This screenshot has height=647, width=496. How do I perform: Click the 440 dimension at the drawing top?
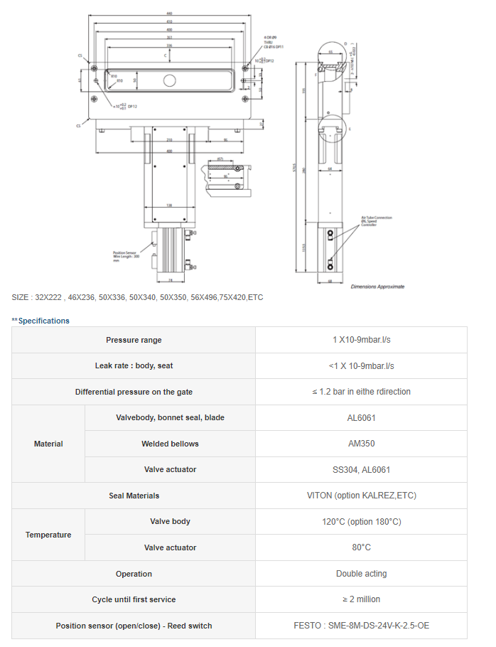[x=170, y=14]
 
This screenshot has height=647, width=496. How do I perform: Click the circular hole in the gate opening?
[x=170, y=80]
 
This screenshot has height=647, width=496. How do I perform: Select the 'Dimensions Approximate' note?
[x=377, y=287]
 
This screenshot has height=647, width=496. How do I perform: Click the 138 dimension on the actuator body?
[x=169, y=205]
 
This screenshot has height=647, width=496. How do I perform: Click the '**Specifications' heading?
[x=41, y=321]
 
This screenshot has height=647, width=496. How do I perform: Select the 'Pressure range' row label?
[x=134, y=340]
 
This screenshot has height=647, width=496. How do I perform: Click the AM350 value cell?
[x=361, y=444]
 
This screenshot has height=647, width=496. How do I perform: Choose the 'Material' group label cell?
[x=48, y=444]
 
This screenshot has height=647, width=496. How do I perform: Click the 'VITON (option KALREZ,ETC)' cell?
[x=361, y=496]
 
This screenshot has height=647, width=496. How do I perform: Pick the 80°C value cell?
[x=361, y=547]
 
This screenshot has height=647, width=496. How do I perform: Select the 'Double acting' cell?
[x=361, y=574]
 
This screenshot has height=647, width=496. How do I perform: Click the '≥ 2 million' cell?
[x=361, y=599]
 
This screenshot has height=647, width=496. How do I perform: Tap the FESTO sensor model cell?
[x=361, y=626]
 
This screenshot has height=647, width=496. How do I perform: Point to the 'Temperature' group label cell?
[x=48, y=535]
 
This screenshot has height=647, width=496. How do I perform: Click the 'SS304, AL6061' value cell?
[x=361, y=469]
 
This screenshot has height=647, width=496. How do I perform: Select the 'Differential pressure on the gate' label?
[x=134, y=392]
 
